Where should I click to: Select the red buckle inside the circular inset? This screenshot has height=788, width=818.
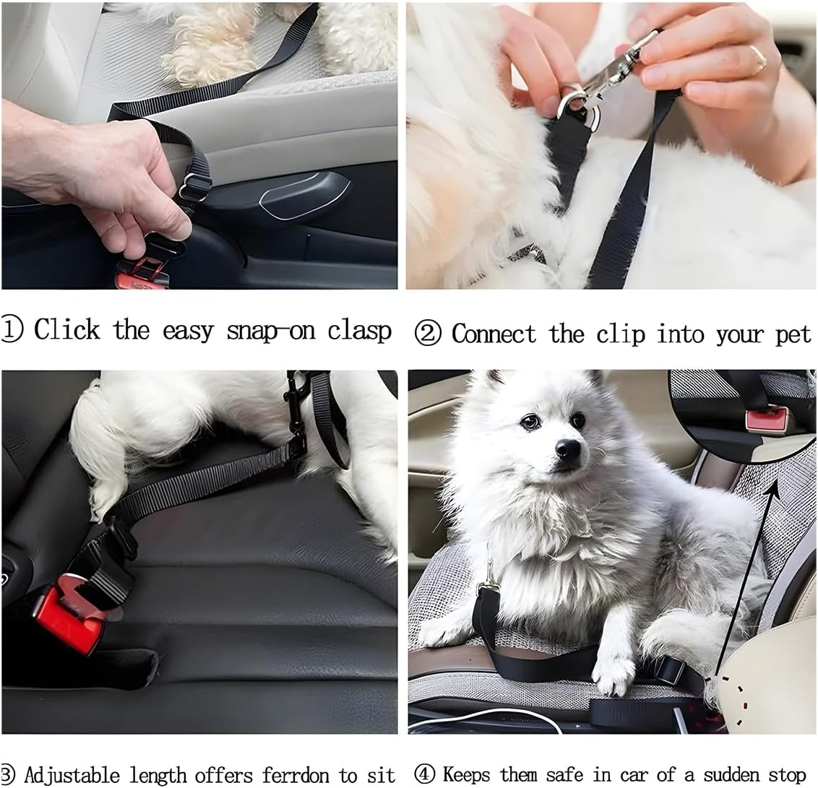click(767, 418)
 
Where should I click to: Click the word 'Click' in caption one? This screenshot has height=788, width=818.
click(67, 330)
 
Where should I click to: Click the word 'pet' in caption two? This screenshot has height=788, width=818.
click(793, 335)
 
